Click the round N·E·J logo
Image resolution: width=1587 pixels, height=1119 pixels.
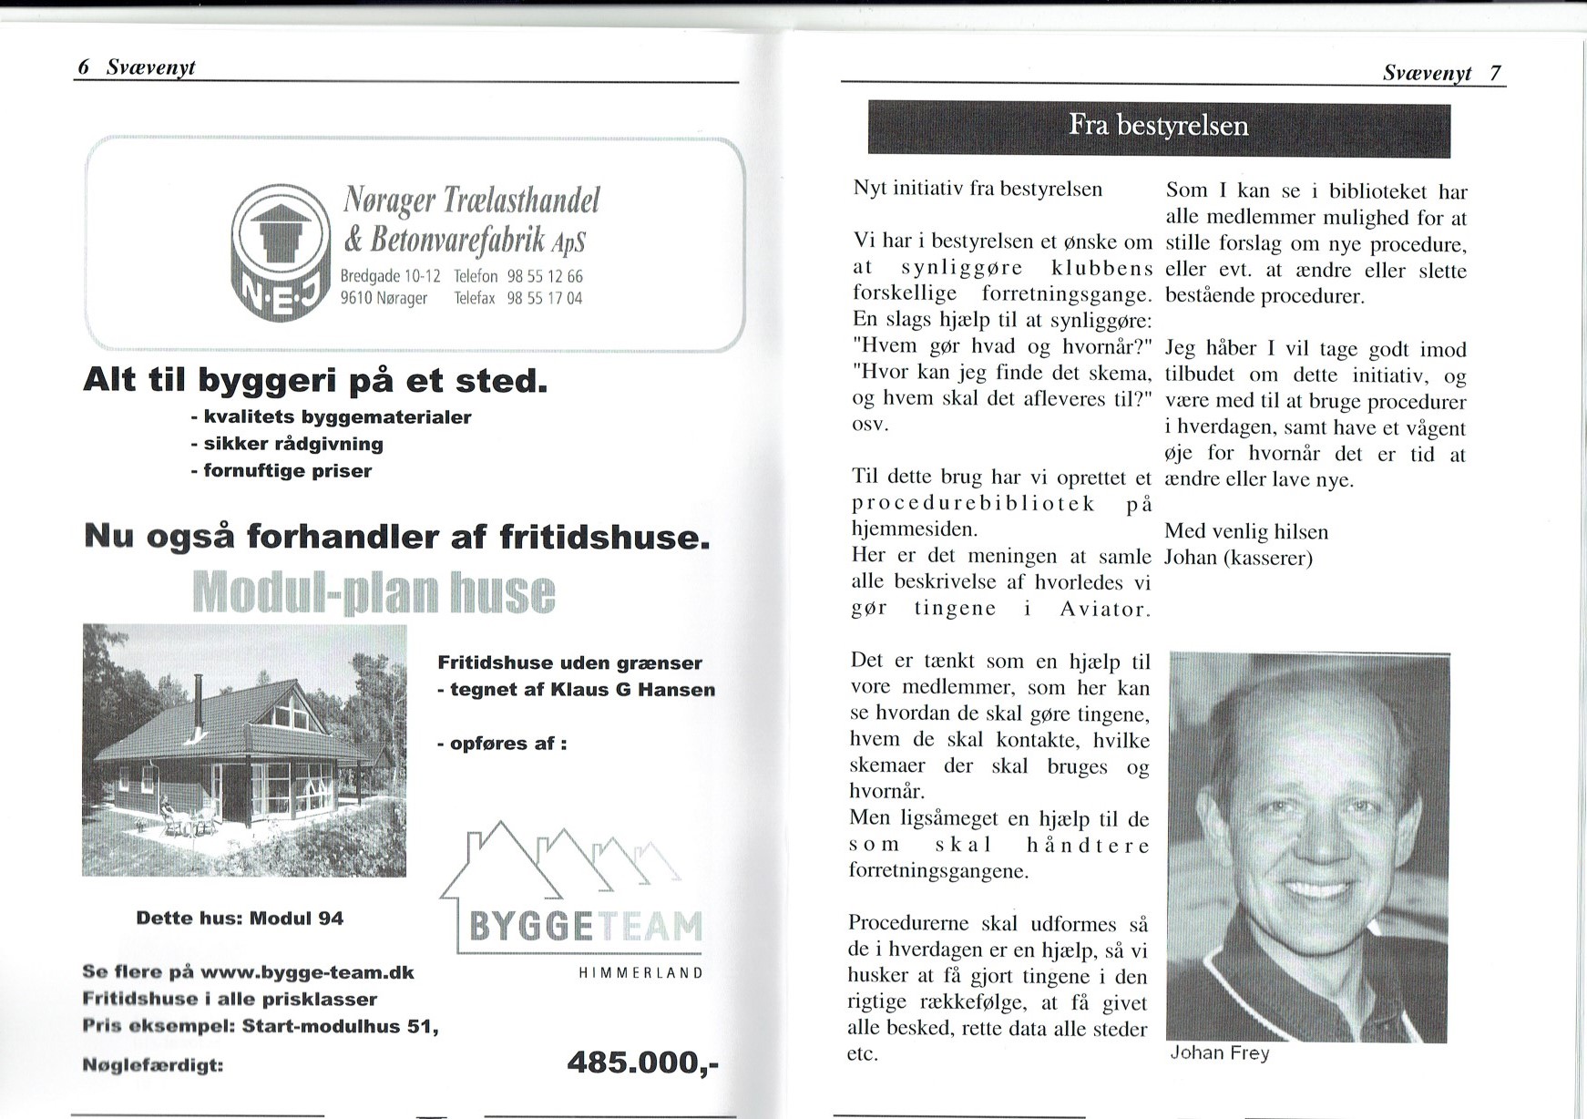click(281, 252)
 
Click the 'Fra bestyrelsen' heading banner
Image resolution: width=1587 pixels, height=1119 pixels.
click(1158, 127)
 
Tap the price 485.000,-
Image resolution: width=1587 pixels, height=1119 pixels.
click(642, 1063)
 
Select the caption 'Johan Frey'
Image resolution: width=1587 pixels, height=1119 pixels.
click(1220, 1053)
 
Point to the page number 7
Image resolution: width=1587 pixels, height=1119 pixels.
click(1495, 73)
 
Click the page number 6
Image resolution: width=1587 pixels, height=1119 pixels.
click(84, 67)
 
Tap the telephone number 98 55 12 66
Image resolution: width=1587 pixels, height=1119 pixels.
click(544, 276)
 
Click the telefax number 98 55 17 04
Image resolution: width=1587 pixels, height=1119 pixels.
click(544, 298)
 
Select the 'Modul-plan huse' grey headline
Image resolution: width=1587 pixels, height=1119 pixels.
click(374, 592)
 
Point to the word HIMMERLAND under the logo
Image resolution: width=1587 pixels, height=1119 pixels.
click(640, 973)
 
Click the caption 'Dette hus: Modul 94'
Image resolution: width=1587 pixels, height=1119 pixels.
click(240, 919)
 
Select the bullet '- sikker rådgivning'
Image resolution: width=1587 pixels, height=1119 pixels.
click(287, 444)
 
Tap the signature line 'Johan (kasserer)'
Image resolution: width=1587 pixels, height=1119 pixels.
click(1238, 558)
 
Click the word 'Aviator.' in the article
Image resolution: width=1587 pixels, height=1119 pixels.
click(1104, 610)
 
